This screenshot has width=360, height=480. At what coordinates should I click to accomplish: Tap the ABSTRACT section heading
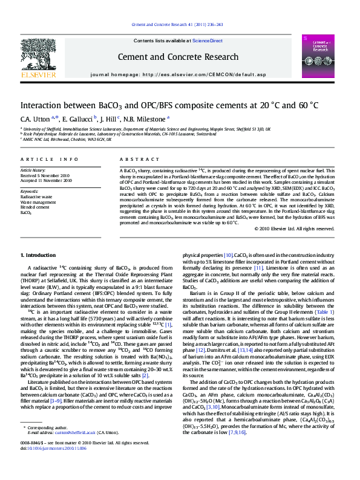click(133, 159)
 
